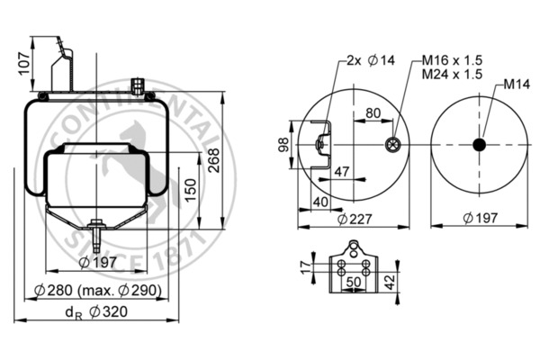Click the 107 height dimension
24,62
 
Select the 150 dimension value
190,190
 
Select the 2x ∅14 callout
365,61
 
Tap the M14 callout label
515,85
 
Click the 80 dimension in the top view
373,113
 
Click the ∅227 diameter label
354,219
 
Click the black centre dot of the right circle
479,145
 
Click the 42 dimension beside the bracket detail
390,280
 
